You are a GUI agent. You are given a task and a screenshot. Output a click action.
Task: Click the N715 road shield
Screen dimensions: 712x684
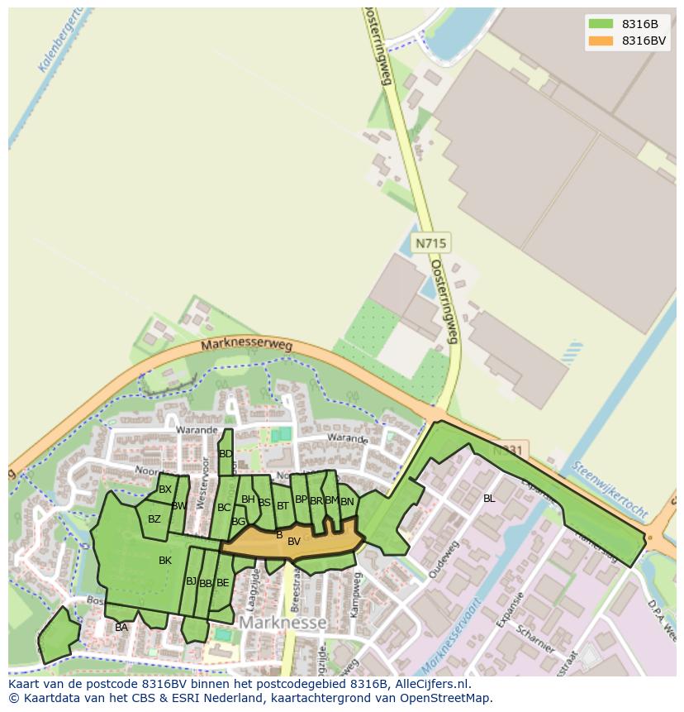[x=430, y=243]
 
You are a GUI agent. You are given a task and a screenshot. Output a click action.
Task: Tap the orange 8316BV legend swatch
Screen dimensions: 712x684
[x=601, y=41]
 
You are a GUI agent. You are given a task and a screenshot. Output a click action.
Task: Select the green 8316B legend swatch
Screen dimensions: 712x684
[x=601, y=24]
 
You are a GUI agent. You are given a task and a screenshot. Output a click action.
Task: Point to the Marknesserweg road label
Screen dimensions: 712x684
[x=246, y=347]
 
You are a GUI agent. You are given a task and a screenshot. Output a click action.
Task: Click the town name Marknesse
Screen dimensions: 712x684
[x=283, y=621]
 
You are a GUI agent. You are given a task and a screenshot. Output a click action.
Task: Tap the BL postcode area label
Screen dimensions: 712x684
[x=489, y=499]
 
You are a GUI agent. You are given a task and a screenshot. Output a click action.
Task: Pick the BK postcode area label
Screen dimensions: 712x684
[x=165, y=561]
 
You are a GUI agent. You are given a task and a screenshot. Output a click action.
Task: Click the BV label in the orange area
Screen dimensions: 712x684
[x=293, y=542]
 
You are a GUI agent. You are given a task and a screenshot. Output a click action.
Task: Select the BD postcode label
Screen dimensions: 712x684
[x=226, y=454]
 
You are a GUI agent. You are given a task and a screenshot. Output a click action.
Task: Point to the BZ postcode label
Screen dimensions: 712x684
[x=154, y=519]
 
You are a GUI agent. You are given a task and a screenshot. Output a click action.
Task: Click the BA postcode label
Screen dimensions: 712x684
[x=121, y=628]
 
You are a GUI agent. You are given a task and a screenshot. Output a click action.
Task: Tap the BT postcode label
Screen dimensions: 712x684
[x=283, y=505]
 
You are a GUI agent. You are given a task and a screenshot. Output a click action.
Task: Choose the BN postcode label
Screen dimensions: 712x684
[x=347, y=501]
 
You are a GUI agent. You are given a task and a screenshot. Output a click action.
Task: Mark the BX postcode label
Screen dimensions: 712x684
[x=165, y=490]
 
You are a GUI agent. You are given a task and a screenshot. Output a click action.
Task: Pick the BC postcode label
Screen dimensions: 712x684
[x=224, y=508]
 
